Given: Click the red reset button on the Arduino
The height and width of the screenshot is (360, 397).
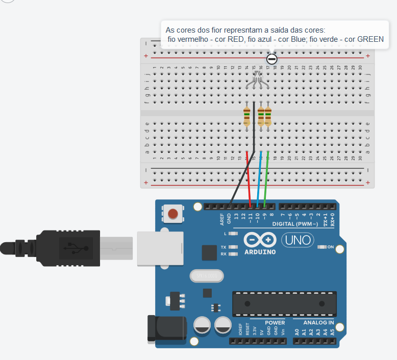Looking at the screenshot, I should [x=173, y=214].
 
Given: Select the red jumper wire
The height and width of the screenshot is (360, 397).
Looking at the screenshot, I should [x=249, y=178].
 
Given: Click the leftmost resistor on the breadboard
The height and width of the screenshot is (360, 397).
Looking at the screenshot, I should [x=247, y=117].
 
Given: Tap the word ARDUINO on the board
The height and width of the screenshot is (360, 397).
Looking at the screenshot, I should [x=260, y=252].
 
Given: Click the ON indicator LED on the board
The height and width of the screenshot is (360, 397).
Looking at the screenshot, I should [x=322, y=247].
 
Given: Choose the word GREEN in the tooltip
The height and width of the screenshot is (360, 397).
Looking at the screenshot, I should [x=370, y=39].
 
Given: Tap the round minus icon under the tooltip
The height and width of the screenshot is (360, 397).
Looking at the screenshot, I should [x=272, y=59].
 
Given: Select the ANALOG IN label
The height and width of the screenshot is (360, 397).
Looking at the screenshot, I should [x=319, y=323].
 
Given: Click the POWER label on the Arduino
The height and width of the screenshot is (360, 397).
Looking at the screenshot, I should [x=275, y=323].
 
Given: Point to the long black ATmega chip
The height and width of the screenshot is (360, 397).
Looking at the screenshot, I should [x=284, y=303].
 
